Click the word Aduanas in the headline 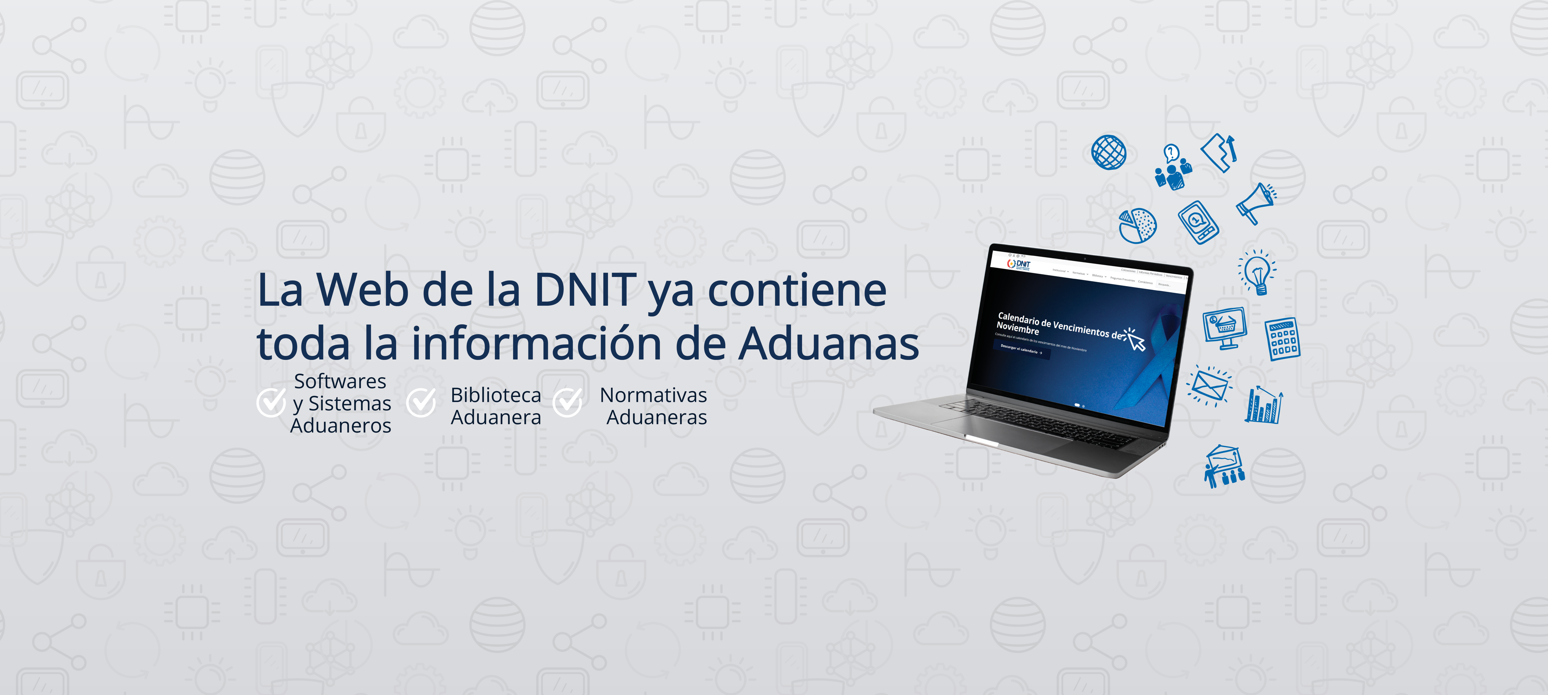(x=829, y=344)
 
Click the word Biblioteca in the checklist (x=496, y=395)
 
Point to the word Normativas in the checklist (x=653, y=395)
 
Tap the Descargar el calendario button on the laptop (x=1021, y=349)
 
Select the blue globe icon (x=1109, y=152)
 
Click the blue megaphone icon (x=1255, y=203)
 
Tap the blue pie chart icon (x=1137, y=226)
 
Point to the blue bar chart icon (x=1264, y=405)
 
